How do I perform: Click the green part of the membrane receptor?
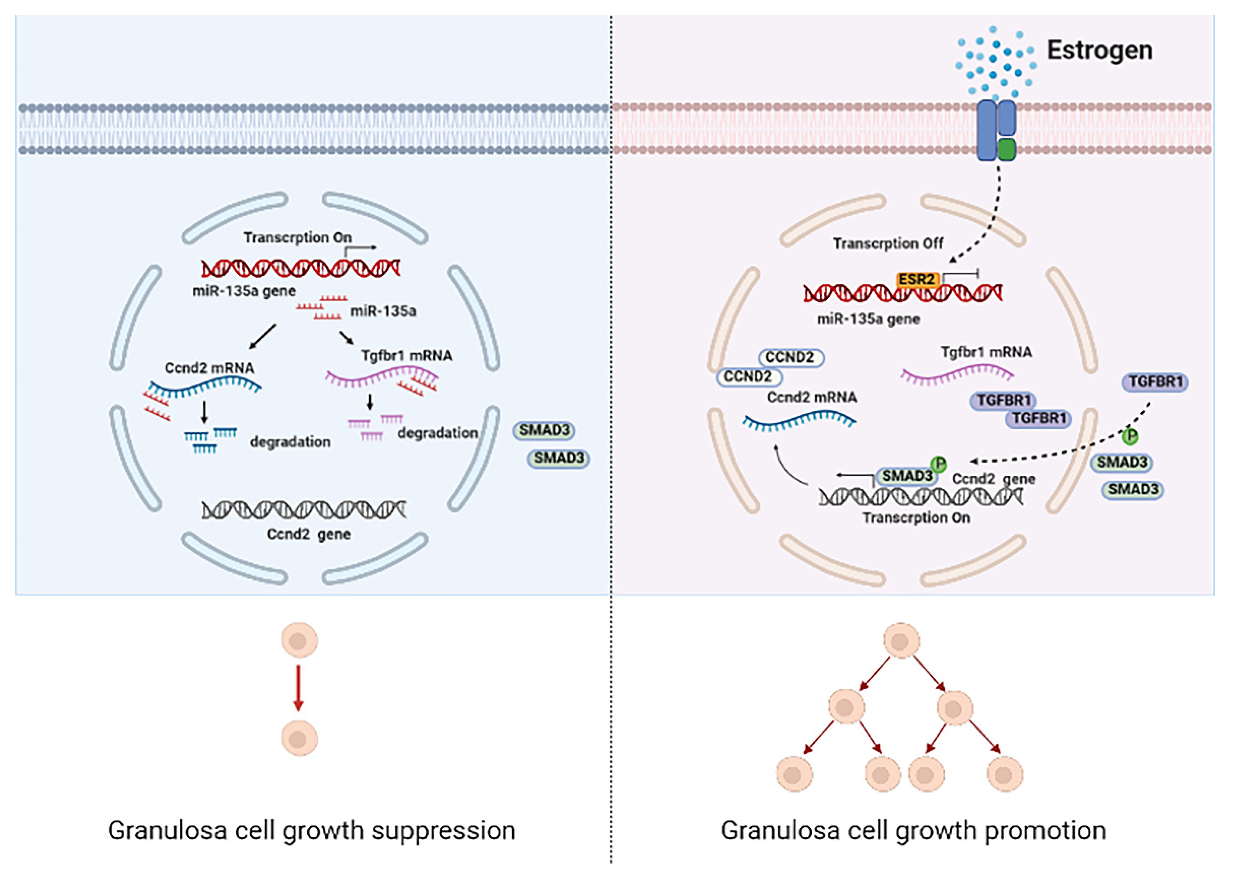pos(1006,149)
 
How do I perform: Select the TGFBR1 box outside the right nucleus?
pos(1155,382)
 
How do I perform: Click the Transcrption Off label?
pos(888,243)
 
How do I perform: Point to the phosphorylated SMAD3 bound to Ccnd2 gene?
pos(907,476)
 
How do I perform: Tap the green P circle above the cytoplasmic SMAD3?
pos(1130,437)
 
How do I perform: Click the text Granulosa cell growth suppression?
pos(312,831)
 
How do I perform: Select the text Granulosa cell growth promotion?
pos(913,831)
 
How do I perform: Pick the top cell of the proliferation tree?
pos(901,641)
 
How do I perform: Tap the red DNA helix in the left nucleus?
pos(301,268)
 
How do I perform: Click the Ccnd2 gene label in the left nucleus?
pos(309,534)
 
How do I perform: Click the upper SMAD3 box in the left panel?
pos(544,431)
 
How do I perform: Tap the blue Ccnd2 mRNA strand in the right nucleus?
pos(799,420)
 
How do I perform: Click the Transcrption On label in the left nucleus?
pos(297,237)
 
